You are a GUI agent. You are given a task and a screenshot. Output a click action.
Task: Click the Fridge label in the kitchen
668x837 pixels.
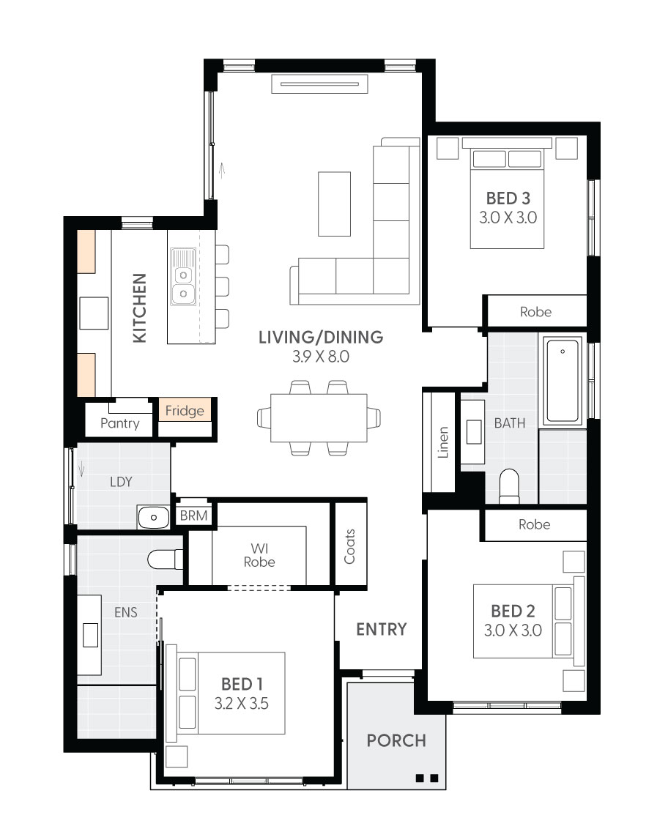pos(185,411)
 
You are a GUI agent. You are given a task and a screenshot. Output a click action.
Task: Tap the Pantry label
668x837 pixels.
pos(120,423)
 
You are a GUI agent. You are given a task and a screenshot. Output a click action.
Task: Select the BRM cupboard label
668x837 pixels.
pos(194,516)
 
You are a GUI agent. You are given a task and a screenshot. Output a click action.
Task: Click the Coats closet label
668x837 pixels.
pos(349,546)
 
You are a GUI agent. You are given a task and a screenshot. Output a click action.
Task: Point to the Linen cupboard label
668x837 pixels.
pos(443,442)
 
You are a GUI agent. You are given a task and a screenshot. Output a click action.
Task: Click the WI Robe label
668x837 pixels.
pos(259,554)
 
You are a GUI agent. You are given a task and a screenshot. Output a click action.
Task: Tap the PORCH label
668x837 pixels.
pos(396,740)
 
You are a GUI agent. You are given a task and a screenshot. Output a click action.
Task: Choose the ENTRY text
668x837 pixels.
pos(381,629)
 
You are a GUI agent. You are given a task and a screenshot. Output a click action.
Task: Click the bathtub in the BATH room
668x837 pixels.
pos(563,379)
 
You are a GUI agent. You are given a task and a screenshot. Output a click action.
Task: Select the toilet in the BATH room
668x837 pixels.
pos(508,486)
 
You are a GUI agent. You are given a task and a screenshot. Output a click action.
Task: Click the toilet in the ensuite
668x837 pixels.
pos(166,560)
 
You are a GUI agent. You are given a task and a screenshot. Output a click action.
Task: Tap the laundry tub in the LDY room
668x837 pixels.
pos(154,517)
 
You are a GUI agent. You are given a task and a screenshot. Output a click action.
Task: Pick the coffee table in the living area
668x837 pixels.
pos(334,204)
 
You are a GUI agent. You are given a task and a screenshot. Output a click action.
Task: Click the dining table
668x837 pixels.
pos(319,417)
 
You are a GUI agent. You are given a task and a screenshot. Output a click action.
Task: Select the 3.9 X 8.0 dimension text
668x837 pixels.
pos(320,357)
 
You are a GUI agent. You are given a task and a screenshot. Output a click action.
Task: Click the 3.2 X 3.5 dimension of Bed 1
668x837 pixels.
pos(242,704)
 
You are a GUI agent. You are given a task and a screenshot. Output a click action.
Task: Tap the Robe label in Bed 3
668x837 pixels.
pos(535,311)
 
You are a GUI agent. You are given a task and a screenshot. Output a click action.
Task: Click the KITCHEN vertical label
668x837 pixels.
pos(139,308)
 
